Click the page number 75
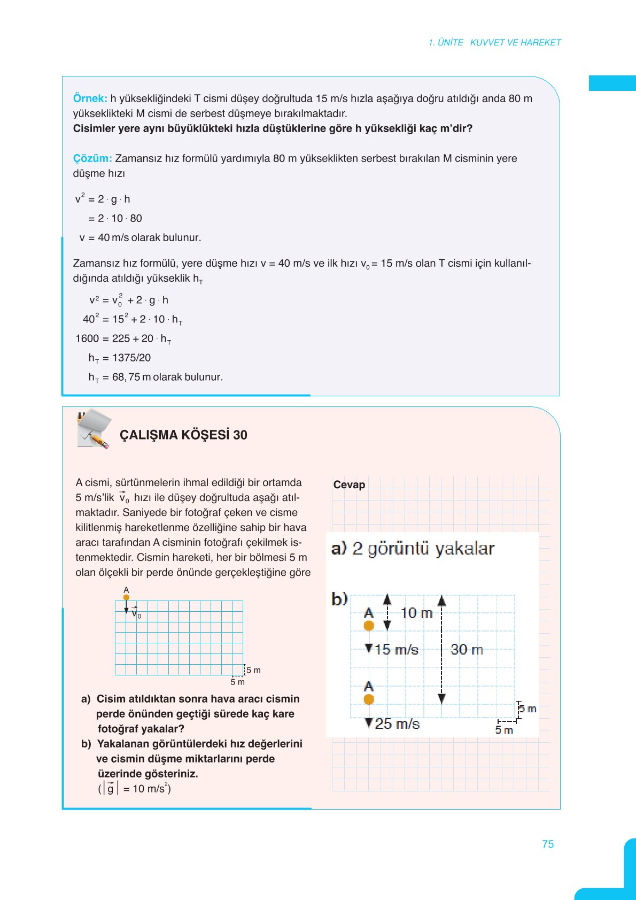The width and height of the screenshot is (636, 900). point(548,844)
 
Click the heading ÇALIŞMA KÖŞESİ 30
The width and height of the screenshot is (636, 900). point(183,435)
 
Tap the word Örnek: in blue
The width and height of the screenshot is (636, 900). point(90,98)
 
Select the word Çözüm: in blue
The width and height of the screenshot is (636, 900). point(92,158)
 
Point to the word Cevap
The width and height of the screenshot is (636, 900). point(349,484)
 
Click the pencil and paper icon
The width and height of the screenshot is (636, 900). point(94,429)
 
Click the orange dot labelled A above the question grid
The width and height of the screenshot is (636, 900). point(126,597)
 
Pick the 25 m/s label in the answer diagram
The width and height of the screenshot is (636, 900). point(397,724)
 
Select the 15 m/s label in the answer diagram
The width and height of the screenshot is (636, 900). point(396,650)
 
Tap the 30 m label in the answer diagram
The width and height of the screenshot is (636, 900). point(467,650)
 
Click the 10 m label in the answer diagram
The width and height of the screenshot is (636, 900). point(416,613)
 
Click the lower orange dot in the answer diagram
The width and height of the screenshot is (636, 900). point(369,699)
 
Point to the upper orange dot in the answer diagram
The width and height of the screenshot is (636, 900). point(369,626)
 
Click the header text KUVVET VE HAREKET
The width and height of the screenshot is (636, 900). point(515,43)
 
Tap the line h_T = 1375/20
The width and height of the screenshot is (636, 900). point(120,358)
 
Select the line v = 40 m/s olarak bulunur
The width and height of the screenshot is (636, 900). point(140,237)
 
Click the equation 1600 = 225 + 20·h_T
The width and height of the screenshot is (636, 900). point(123,339)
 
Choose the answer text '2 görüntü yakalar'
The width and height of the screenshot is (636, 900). point(423,549)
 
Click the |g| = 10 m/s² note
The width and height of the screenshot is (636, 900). point(134,788)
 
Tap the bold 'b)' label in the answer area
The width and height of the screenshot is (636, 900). point(339,598)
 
